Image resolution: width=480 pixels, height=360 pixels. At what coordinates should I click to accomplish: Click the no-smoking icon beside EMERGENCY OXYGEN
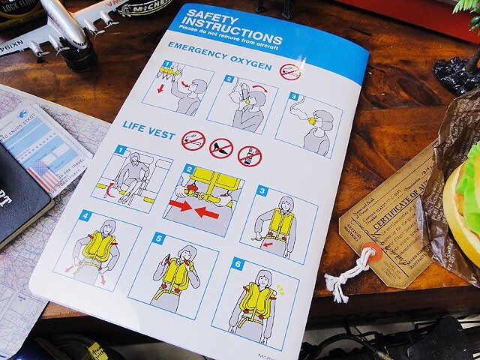290,71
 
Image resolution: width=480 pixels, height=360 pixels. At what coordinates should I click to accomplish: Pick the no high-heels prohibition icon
220,148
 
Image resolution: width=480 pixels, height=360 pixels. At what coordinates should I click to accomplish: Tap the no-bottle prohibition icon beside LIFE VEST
249,155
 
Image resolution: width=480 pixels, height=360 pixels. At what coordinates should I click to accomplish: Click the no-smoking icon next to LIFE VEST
193,140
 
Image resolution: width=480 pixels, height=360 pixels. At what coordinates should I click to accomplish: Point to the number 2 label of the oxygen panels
229,79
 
